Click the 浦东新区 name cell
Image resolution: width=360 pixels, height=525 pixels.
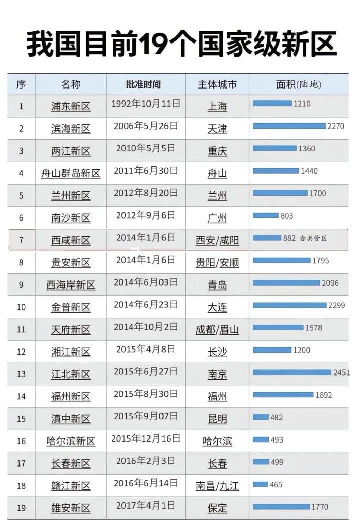(71, 106)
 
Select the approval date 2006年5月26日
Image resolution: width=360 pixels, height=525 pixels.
(146, 126)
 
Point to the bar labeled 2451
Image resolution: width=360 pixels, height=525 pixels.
(292, 372)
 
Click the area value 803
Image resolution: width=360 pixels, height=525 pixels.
(287, 216)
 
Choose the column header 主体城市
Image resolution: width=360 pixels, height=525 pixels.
(217, 85)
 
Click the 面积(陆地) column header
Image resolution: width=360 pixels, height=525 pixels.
(299, 85)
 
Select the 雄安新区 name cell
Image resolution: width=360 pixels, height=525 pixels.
(71, 508)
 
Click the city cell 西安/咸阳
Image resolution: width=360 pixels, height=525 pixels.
(217, 240)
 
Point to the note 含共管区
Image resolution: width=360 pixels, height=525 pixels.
(314, 238)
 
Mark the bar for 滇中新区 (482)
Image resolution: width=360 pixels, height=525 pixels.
(261, 417)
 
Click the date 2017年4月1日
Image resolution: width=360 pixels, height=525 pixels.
(146, 505)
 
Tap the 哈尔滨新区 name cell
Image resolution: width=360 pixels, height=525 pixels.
(71, 441)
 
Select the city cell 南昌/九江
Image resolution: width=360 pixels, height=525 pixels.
(217, 485)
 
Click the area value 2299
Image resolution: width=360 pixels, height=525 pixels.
(337, 305)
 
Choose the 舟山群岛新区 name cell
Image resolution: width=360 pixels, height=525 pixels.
(71, 173)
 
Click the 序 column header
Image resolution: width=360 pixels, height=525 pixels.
(21, 85)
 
